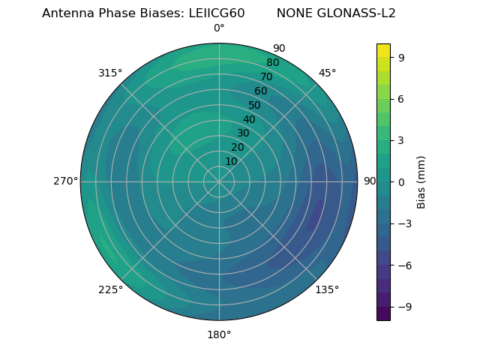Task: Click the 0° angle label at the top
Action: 219,28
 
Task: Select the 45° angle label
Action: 328,73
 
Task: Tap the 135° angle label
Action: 327,289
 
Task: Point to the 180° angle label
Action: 219,334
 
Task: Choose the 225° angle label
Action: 110,289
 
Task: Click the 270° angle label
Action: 65,181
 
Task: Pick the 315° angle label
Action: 110,73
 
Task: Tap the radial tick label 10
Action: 231,161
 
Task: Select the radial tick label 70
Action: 266,76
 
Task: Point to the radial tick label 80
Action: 272,62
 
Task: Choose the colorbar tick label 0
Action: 402,181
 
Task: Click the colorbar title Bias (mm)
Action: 421,181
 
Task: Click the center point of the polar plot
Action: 219,181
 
